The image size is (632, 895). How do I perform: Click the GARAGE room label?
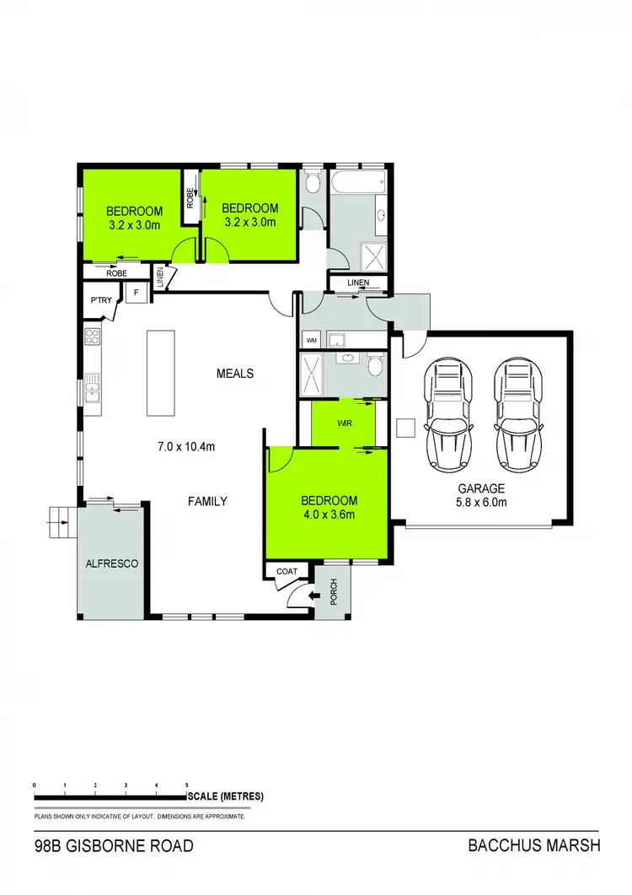[x=481, y=488]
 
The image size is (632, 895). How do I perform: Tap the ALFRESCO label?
[x=112, y=563]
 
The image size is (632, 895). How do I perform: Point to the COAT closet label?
[x=287, y=571]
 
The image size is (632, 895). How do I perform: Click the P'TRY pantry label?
[x=101, y=299]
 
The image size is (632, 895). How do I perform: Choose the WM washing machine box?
[x=312, y=340]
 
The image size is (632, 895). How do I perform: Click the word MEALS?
[x=234, y=373]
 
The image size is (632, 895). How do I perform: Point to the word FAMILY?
[x=207, y=501]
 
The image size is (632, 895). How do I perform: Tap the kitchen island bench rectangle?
[x=160, y=372]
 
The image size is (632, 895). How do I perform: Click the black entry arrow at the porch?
[x=314, y=596]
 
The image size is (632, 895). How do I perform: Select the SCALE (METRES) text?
[x=227, y=796]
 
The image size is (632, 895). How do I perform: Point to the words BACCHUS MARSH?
[x=533, y=846]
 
